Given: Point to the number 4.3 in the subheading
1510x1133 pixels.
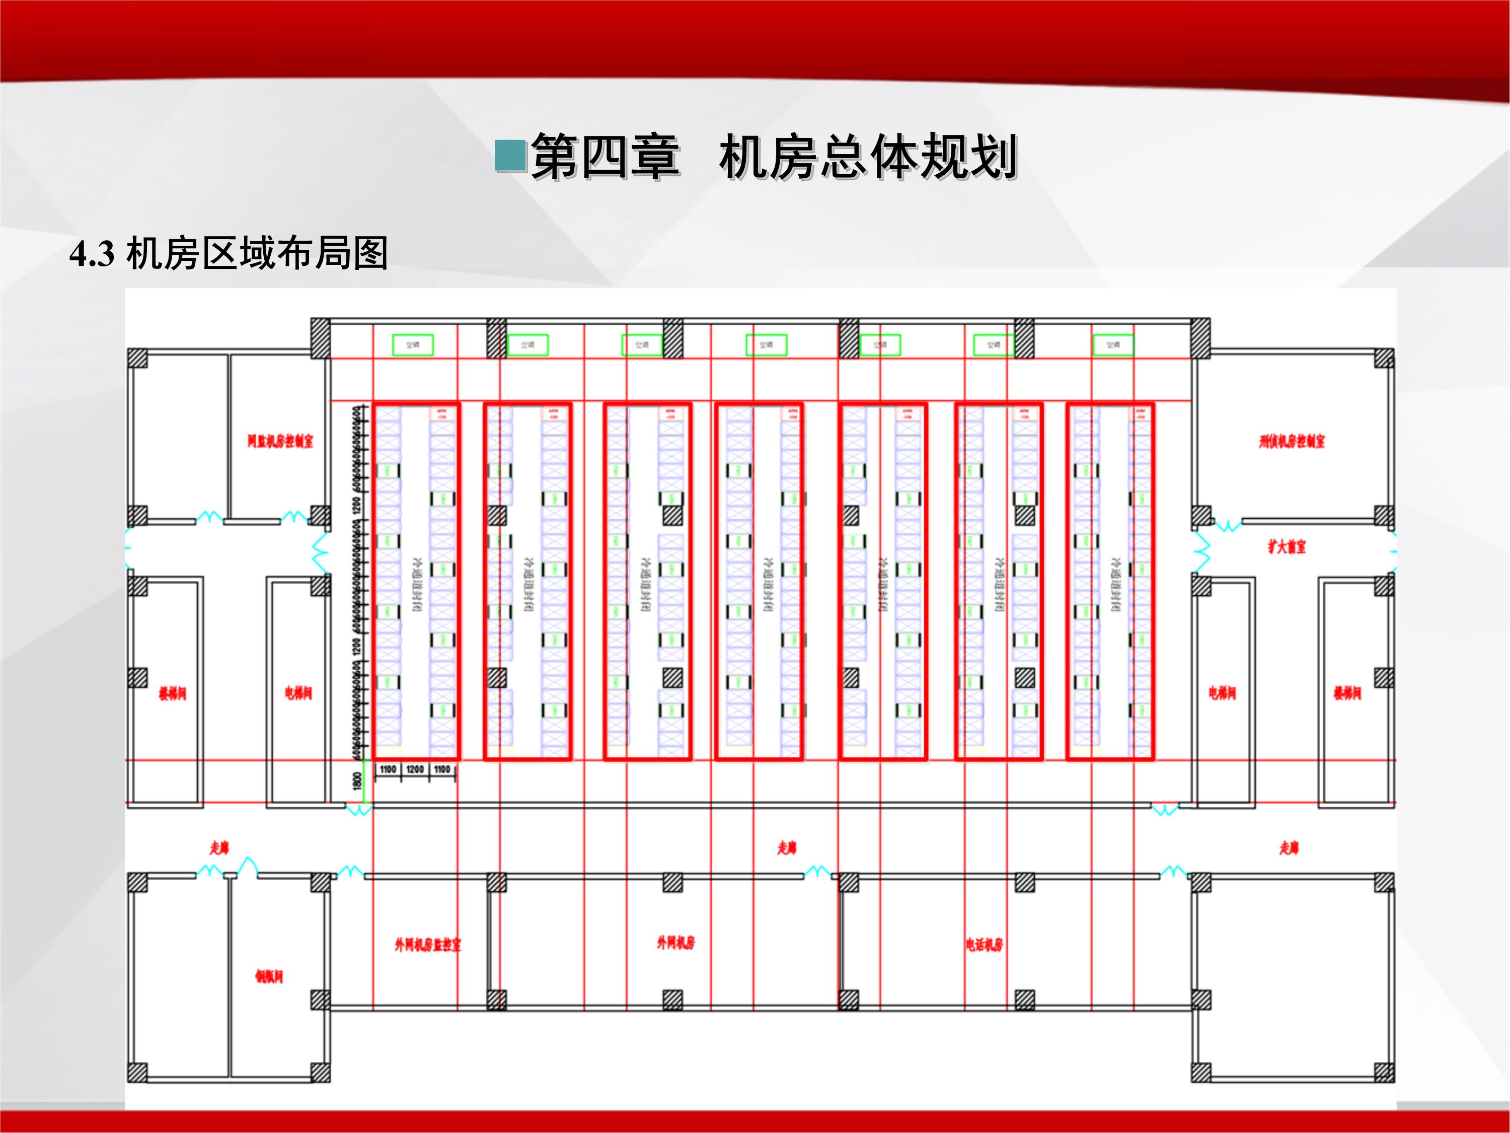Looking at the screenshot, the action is click(x=92, y=254).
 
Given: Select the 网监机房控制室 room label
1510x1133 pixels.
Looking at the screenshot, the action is click(x=280, y=441).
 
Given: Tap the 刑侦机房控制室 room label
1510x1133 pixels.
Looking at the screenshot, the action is click(x=1292, y=441).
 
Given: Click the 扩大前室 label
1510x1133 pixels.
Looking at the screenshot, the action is click(x=1287, y=546).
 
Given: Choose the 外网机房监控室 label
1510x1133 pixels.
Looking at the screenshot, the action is click(x=427, y=945).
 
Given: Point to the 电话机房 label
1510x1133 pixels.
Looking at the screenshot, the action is click(x=984, y=945).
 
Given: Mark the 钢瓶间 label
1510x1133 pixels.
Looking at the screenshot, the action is click(x=269, y=976).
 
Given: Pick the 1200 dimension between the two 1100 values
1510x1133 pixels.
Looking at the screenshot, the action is click(x=414, y=769).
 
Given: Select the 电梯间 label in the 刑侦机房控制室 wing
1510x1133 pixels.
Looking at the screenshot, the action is click(x=1222, y=693).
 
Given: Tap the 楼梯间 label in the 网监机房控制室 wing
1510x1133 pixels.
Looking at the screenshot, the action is click(x=172, y=694).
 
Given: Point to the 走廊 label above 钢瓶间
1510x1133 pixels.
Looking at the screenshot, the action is click(x=219, y=848).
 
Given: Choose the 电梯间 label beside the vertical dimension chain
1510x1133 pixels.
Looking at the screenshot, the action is click(x=298, y=693).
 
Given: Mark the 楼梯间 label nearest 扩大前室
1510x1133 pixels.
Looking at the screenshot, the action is click(x=1347, y=693).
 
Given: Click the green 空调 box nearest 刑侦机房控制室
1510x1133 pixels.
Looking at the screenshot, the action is click(x=1113, y=345).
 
